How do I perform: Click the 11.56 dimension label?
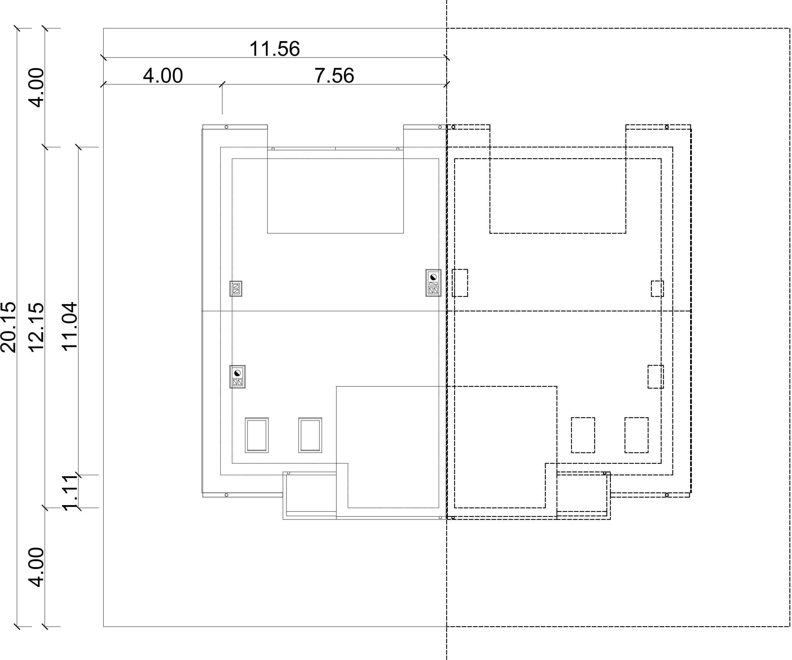[275, 49]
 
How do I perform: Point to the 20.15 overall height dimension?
[8, 327]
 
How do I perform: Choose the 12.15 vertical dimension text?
[36, 327]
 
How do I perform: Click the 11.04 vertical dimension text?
[69, 327]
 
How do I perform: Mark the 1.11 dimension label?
[69, 493]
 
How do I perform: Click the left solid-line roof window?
[257, 435]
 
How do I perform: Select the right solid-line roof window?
[310, 435]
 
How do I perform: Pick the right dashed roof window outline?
[636, 435]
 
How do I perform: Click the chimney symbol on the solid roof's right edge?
[433, 283]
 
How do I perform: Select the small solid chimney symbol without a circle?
[236, 288]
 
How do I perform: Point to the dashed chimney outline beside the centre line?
[460, 283]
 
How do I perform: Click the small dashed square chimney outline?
[657, 288]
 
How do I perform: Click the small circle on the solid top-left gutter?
[226, 127]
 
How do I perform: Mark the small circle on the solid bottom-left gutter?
[226, 495]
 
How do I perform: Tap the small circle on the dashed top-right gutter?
[667, 127]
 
